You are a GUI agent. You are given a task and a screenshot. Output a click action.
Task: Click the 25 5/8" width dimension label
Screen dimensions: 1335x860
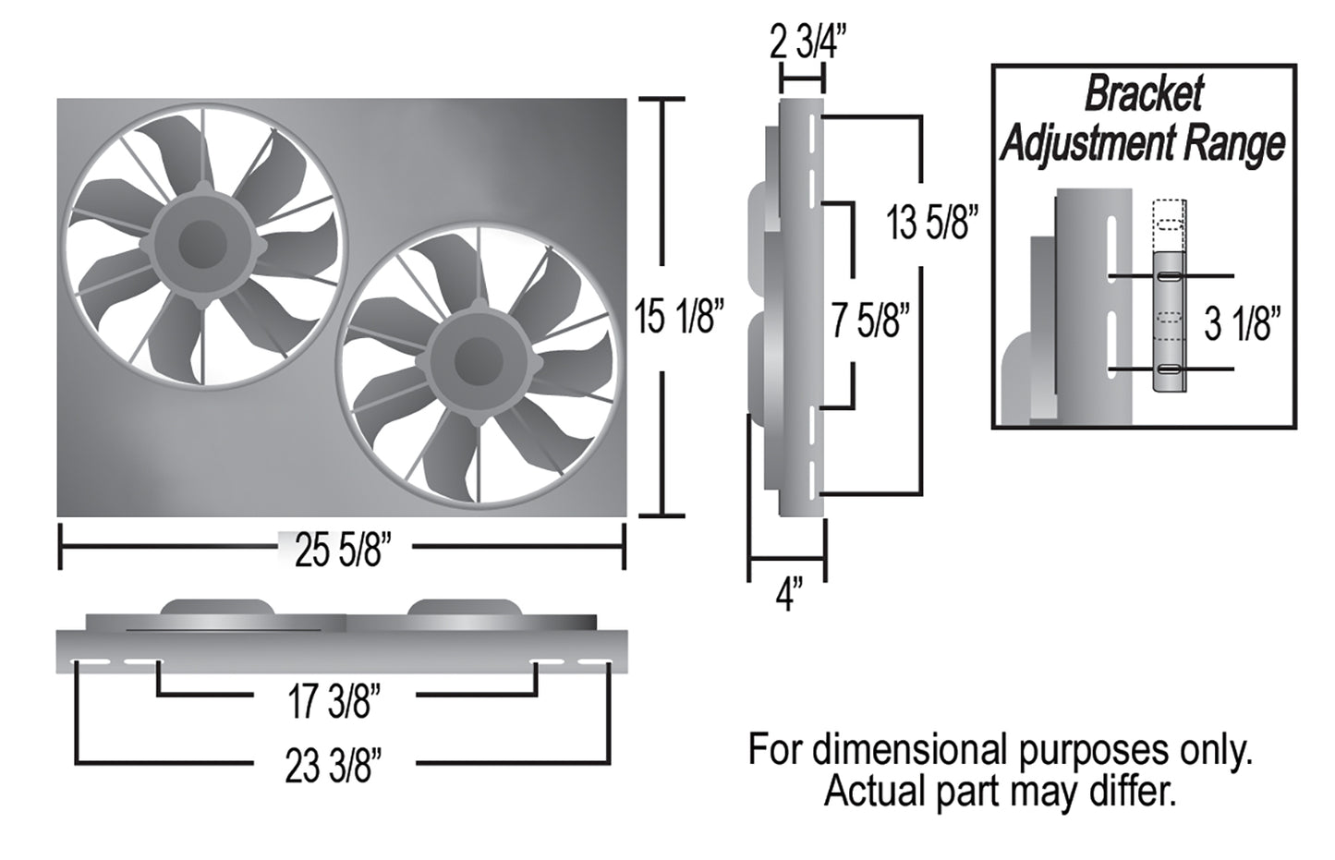click(x=344, y=551)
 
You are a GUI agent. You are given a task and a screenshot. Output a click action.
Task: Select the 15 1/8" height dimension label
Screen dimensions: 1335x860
click(x=679, y=317)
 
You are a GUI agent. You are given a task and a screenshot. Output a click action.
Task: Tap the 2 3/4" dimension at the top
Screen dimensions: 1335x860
click(x=807, y=42)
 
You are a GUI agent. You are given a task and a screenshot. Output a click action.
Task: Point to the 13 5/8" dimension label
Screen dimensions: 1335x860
click(x=932, y=223)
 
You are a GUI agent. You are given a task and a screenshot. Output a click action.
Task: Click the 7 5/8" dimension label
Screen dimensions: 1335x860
click(x=870, y=320)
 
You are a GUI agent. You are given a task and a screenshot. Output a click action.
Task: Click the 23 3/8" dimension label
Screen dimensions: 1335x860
click(x=334, y=766)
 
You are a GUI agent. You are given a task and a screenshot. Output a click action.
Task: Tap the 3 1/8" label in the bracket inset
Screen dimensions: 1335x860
click(x=1243, y=324)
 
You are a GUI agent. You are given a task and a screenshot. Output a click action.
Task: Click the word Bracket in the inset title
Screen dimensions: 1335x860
click(x=1144, y=93)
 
